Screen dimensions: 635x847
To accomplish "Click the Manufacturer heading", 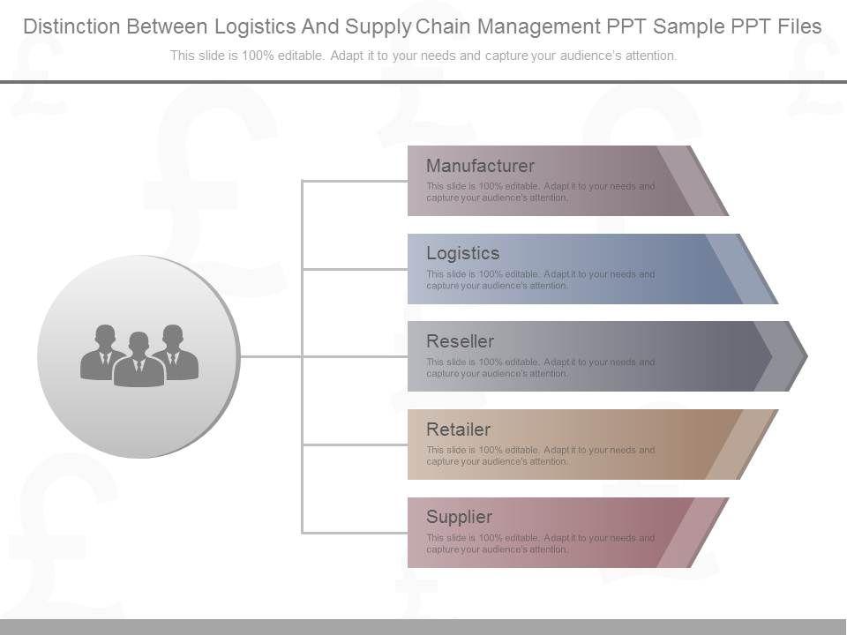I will click(x=480, y=166).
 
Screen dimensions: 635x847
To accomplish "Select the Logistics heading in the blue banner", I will click(x=462, y=253).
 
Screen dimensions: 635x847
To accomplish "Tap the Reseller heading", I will click(x=460, y=341).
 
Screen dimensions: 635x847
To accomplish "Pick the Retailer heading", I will click(x=458, y=430).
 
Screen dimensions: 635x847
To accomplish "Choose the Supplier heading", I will click(x=459, y=517).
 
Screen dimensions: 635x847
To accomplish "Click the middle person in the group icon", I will click(x=139, y=362).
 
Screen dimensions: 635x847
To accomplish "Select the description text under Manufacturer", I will click(x=540, y=192).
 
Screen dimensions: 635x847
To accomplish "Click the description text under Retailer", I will click(x=540, y=456).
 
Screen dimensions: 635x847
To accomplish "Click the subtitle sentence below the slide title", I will click(x=423, y=56).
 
